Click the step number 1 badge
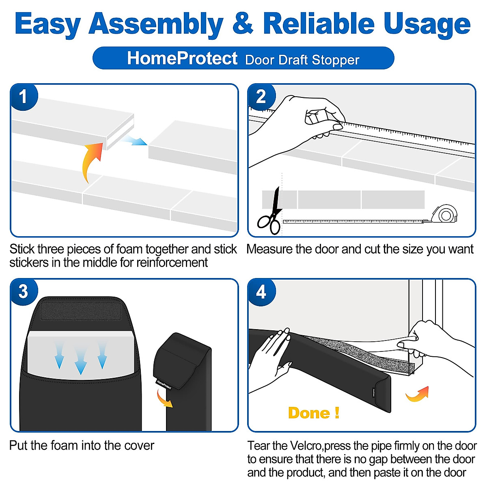(23, 97)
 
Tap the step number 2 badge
(261, 97)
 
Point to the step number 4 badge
(261, 292)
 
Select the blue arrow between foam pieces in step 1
(133, 140)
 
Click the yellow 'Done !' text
(314, 413)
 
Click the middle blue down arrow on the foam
(81, 360)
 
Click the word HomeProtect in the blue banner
(182, 58)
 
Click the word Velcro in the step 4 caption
(306, 446)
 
